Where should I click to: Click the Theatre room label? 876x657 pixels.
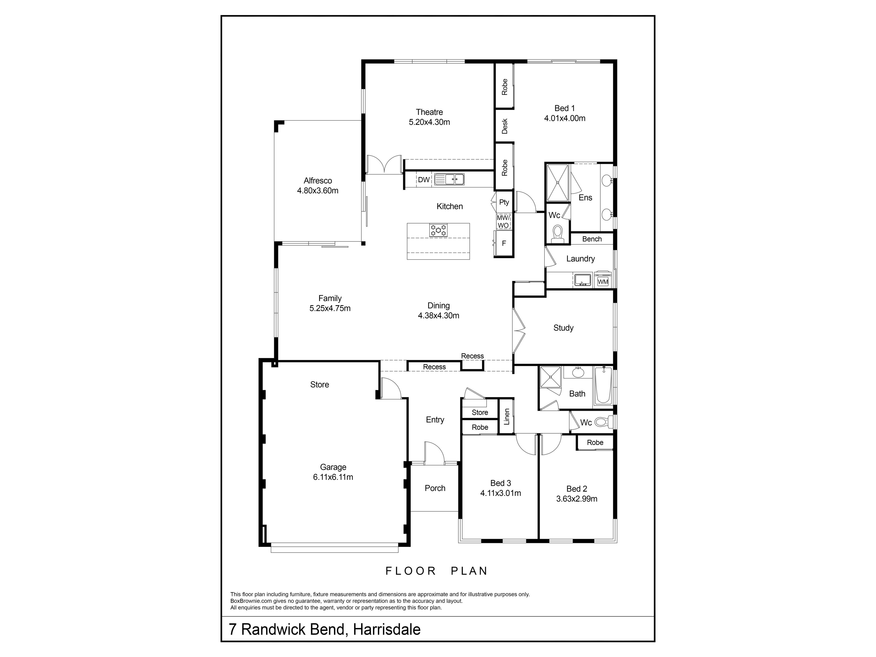429,112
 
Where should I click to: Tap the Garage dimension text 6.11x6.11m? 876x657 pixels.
333,477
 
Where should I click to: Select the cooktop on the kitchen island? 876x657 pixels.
438,230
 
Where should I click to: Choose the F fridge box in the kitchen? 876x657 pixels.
504,243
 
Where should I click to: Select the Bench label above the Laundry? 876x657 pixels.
592,239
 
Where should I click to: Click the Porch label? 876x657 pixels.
435,488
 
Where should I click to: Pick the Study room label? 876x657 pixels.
563,328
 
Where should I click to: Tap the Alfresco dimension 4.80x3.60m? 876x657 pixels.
318,190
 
